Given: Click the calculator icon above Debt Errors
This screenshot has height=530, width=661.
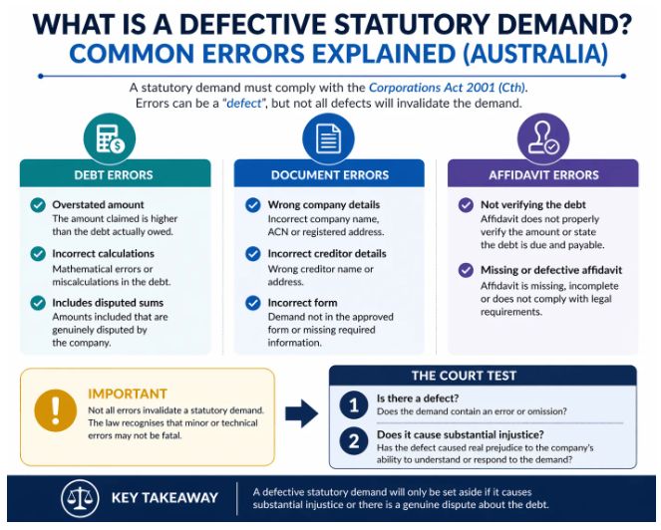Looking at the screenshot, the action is [110, 139].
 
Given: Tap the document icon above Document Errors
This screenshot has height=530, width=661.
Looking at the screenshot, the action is [329, 138].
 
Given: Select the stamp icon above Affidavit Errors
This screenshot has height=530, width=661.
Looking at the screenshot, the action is [543, 138].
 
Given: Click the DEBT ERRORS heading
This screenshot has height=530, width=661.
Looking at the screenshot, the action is [114, 175].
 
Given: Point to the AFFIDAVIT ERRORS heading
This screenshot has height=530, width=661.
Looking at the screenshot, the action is [543, 175].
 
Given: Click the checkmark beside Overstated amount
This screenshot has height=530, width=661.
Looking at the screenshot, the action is [38, 205].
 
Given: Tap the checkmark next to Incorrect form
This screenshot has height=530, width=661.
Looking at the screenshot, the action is [253, 303].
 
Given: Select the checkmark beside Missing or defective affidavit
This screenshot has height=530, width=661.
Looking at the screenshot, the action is [466, 270].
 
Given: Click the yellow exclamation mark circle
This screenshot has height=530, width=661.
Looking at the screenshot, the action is [55, 410].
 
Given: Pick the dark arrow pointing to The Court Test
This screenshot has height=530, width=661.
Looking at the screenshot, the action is [302, 413].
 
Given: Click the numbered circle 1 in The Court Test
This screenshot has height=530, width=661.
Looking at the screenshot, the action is [354, 404].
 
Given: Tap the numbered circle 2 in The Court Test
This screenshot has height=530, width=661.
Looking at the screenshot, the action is [354, 441].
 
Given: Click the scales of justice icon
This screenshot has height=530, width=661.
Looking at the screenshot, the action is [80, 498].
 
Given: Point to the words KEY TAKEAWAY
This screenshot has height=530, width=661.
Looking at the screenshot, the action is [165, 498].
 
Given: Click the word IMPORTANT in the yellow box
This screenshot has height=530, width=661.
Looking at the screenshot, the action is [128, 394].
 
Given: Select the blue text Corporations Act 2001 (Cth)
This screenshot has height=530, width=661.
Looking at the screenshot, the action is [447, 88].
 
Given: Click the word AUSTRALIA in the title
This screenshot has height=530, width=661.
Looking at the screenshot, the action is [535, 54].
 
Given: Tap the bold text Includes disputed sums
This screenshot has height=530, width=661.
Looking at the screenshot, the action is [108, 303].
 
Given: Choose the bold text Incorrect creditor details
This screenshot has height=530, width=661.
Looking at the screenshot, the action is [327, 254].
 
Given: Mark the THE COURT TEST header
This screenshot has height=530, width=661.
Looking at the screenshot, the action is [465, 376].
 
